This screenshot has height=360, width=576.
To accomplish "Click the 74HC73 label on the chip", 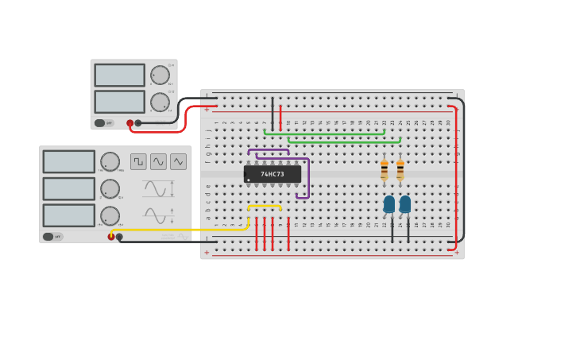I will pos(273,174).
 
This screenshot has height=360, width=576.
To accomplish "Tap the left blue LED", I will pos(389,204).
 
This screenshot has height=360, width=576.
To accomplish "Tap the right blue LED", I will pos(405,204).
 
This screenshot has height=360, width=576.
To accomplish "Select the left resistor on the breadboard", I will pos(385,170).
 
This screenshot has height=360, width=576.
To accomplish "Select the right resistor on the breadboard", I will pos(400,170).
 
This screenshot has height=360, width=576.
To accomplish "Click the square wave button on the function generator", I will pos(139,161).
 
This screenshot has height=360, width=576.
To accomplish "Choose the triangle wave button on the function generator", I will pos(178,161).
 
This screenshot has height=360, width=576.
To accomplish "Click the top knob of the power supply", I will pos(160,75).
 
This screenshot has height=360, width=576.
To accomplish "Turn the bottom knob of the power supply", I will pos(160,102).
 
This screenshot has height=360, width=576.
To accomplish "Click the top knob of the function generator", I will pos(110,161).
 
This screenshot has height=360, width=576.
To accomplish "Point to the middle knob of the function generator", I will pos(110,189).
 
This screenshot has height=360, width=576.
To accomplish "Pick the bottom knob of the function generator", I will pos(110,215).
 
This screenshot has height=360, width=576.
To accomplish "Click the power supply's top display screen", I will pos(120,75).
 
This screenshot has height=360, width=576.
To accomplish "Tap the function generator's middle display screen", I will pos(69,188).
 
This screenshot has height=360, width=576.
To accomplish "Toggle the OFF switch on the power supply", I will pos(100,123).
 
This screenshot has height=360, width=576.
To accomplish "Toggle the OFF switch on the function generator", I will pos(48,237).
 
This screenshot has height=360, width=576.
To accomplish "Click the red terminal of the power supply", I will pos(130,123).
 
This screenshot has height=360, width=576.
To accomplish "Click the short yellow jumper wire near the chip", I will pos(265,207).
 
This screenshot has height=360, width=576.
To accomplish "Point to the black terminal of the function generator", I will pos(119,237).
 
